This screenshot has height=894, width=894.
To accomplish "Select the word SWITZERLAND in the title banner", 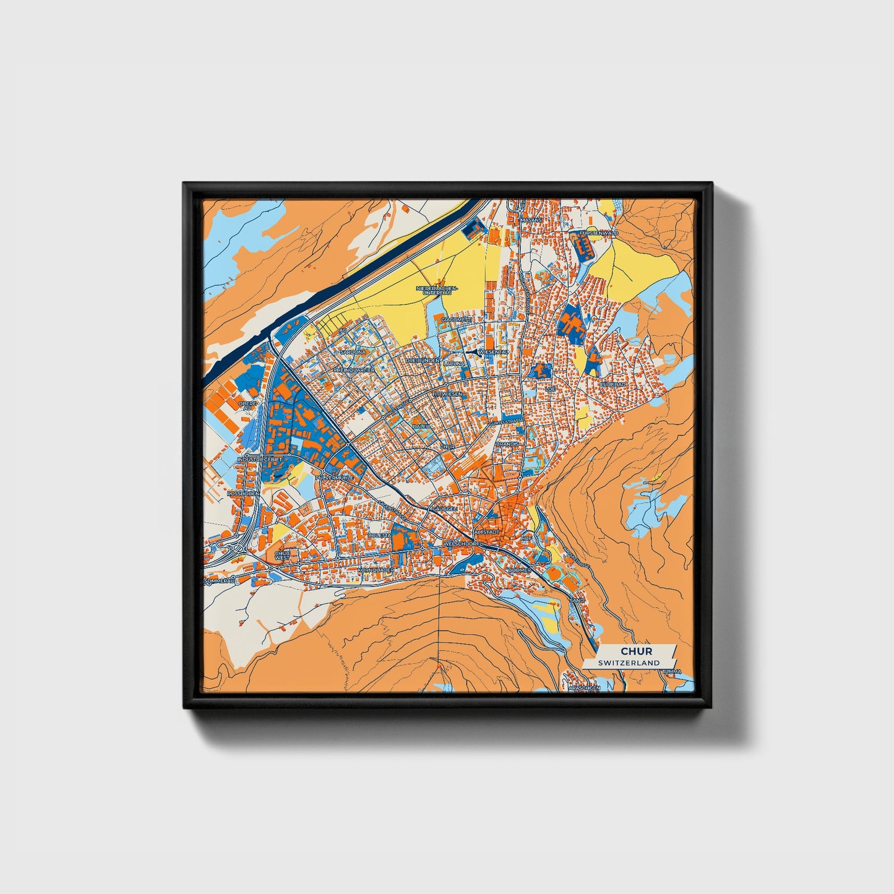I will pos(629,663).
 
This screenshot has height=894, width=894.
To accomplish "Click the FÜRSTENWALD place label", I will pos(599,233).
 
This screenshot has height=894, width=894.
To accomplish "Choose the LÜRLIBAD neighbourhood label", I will pos(613,384).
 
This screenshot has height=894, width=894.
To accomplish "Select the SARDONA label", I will pos(354,351).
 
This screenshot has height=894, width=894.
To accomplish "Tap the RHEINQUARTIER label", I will pos(355,370).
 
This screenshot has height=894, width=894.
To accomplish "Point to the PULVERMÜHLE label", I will pos(334,478).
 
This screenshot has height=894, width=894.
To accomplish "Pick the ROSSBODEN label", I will pos(242,494).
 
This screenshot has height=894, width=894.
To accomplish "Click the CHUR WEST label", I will pos(282,556).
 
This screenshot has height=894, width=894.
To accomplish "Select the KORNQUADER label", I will pos(376,569).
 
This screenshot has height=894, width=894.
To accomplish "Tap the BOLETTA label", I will pos(379,535).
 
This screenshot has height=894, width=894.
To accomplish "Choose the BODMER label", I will pos(519,570).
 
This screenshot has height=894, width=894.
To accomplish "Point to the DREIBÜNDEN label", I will pos(423,360).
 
